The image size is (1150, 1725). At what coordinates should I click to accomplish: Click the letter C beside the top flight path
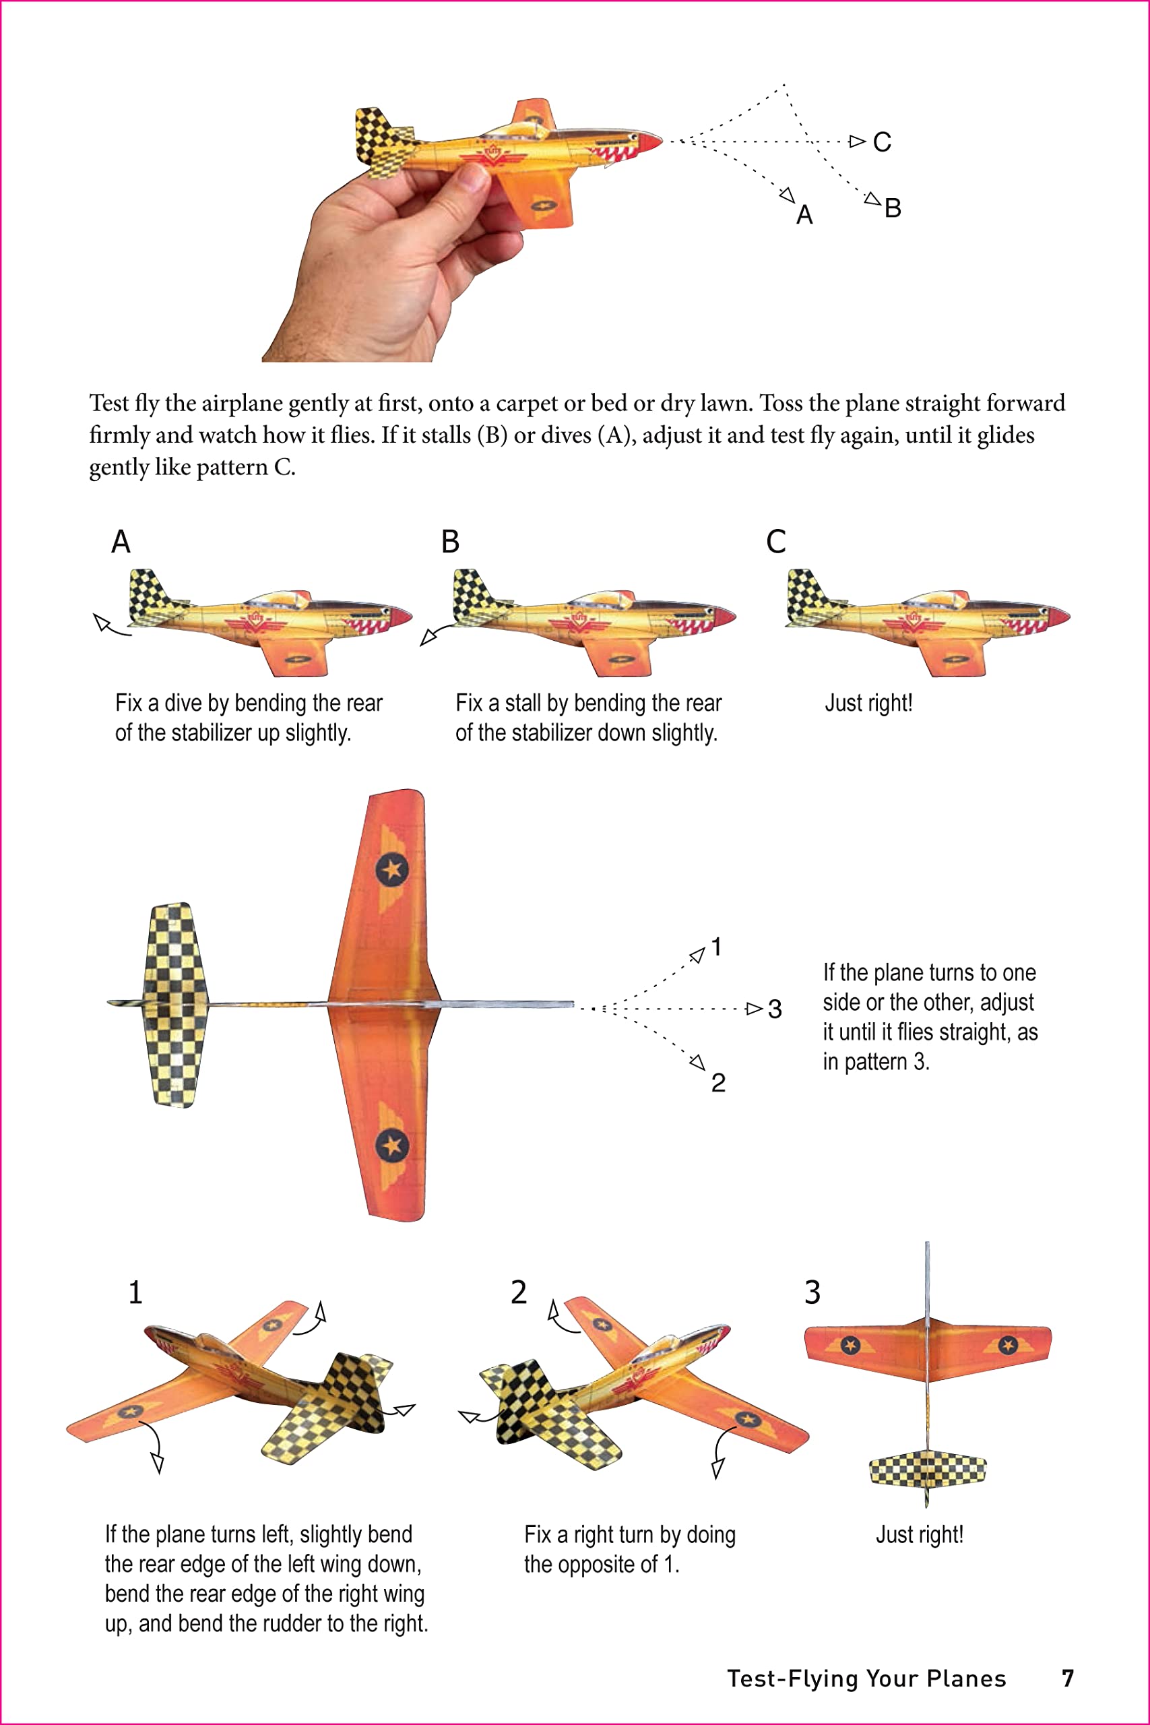tap(882, 142)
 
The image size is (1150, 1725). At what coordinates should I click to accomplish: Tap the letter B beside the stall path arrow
tap(893, 208)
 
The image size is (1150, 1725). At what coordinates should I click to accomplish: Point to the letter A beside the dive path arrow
tap(804, 216)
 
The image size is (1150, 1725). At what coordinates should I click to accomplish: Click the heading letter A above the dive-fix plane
tap(121, 542)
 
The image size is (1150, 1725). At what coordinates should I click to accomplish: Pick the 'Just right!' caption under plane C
tap(868, 703)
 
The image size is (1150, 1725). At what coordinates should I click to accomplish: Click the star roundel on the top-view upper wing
tap(391, 870)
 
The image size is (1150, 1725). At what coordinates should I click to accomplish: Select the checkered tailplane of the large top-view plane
tap(174, 1005)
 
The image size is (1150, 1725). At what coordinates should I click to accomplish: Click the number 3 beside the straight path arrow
tap(775, 1009)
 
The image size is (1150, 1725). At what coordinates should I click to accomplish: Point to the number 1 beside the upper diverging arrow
tap(717, 947)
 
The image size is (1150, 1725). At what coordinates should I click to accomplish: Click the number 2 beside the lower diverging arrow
tap(718, 1083)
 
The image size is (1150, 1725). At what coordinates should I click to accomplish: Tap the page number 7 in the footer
tap(1068, 1678)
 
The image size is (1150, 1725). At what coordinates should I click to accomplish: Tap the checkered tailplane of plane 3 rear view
tap(927, 1470)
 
